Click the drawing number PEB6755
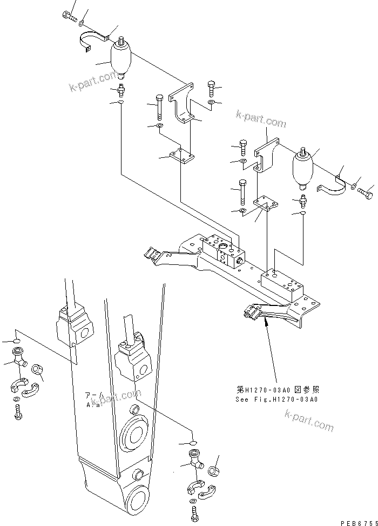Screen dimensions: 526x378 click(x=357, y=523)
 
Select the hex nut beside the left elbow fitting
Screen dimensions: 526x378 click(x=37, y=370)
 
